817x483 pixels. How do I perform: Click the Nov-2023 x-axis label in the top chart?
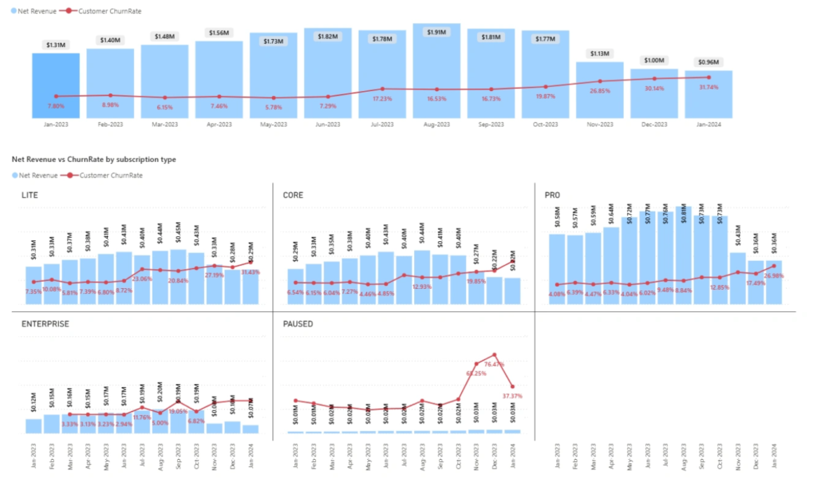[x=600, y=125]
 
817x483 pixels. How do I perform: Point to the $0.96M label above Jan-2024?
[x=708, y=62]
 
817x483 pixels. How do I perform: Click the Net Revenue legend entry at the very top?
[x=34, y=10]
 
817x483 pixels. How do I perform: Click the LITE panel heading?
[x=30, y=195]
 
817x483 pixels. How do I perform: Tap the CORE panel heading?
[x=293, y=195]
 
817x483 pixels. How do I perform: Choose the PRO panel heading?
[x=552, y=195]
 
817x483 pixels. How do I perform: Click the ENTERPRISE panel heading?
[x=45, y=324]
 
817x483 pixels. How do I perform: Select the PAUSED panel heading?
[x=298, y=324]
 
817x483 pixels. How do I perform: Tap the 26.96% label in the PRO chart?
[x=772, y=276]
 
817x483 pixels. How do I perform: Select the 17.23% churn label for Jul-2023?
[x=382, y=98]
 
